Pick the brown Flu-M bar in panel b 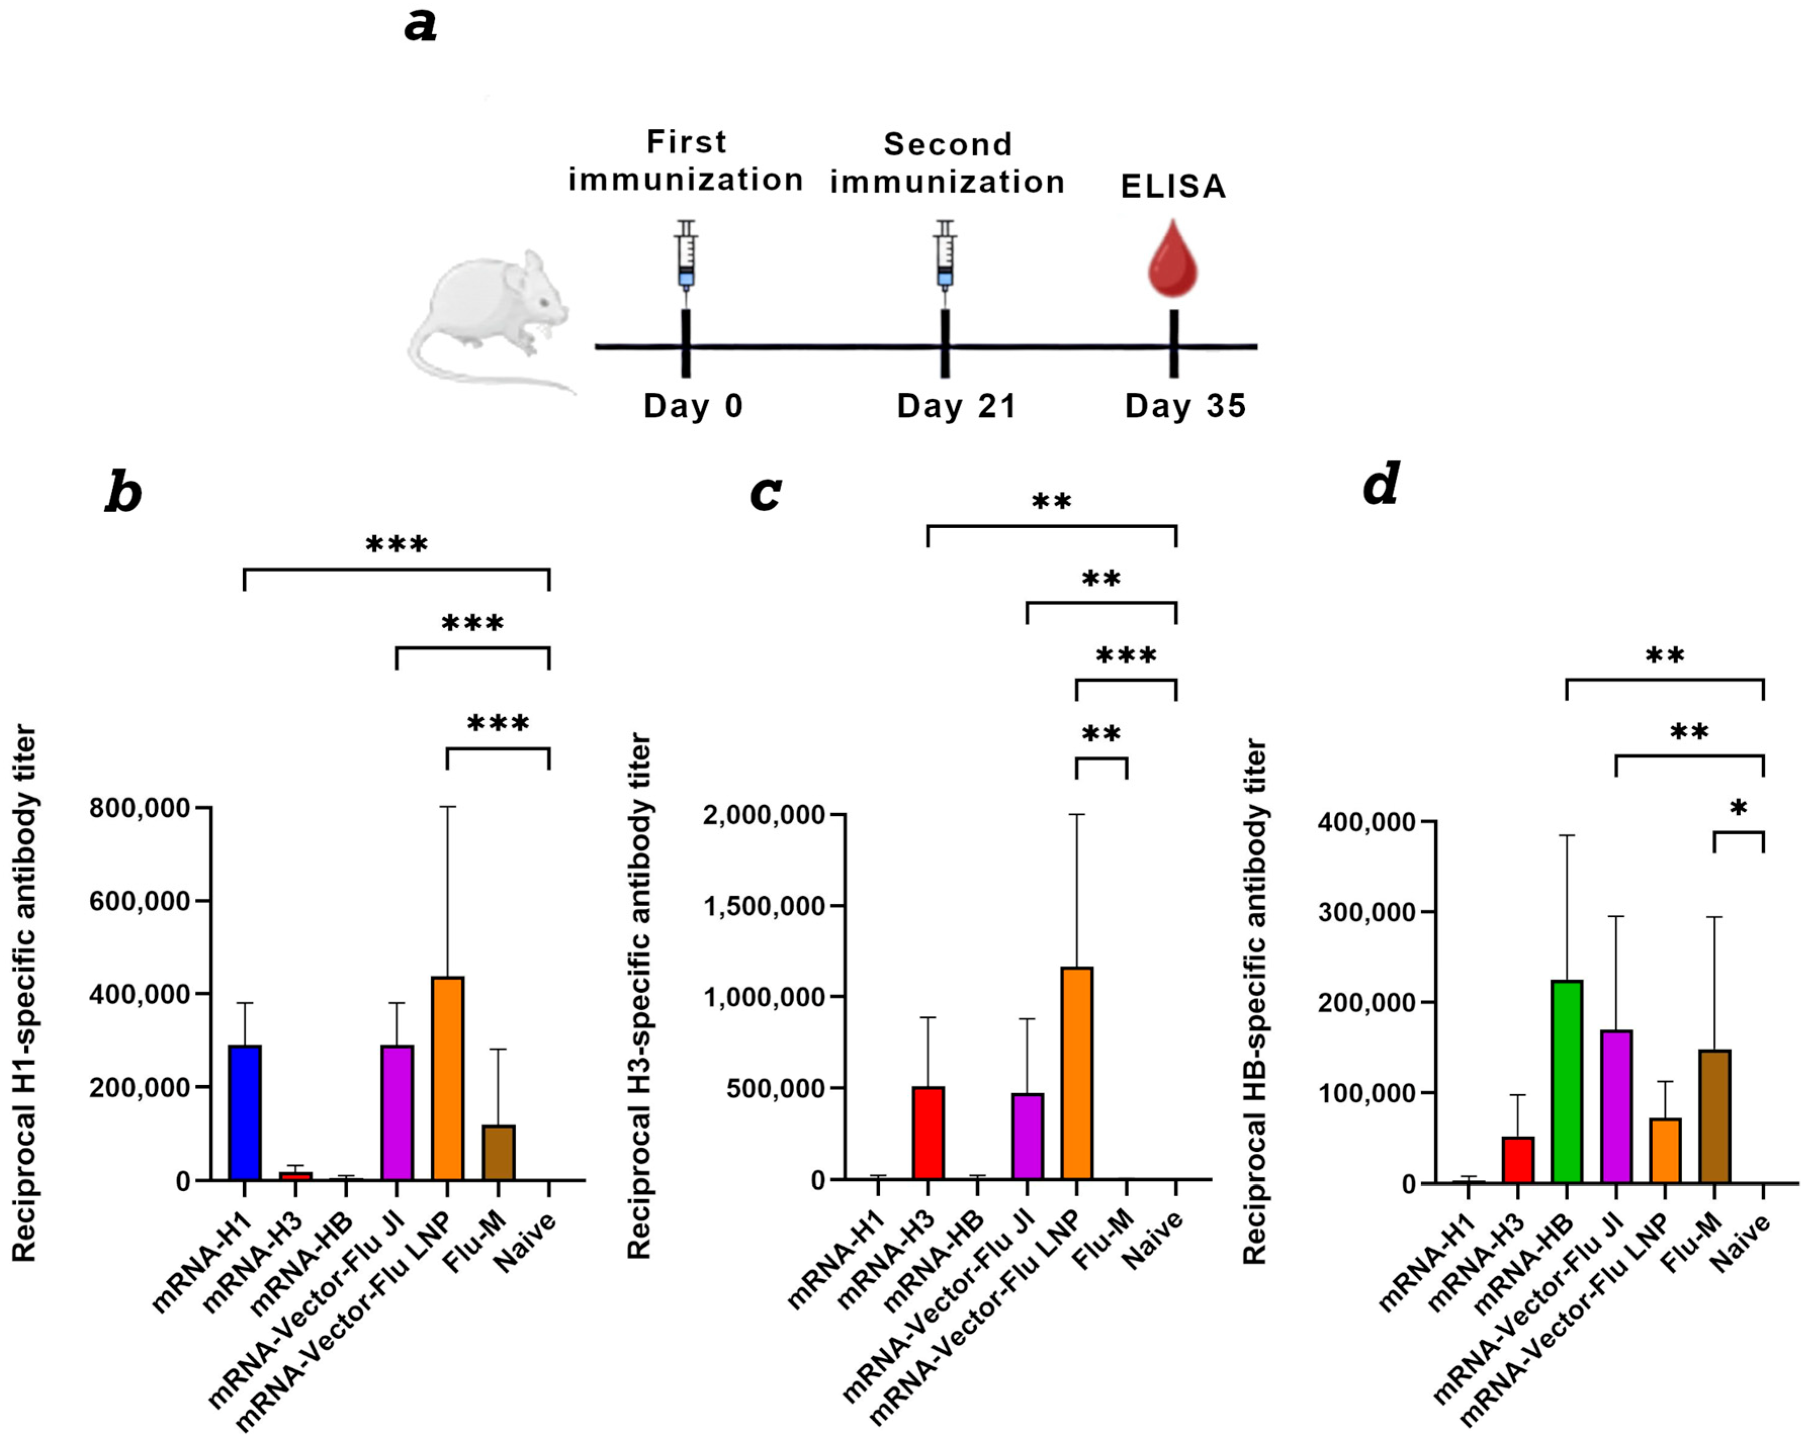(499, 1152)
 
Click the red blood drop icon (1173, 259)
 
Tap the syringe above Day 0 (686, 256)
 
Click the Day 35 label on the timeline (1185, 406)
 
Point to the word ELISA (1173, 187)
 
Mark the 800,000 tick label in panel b (140, 808)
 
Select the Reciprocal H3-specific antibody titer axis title (640, 995)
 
